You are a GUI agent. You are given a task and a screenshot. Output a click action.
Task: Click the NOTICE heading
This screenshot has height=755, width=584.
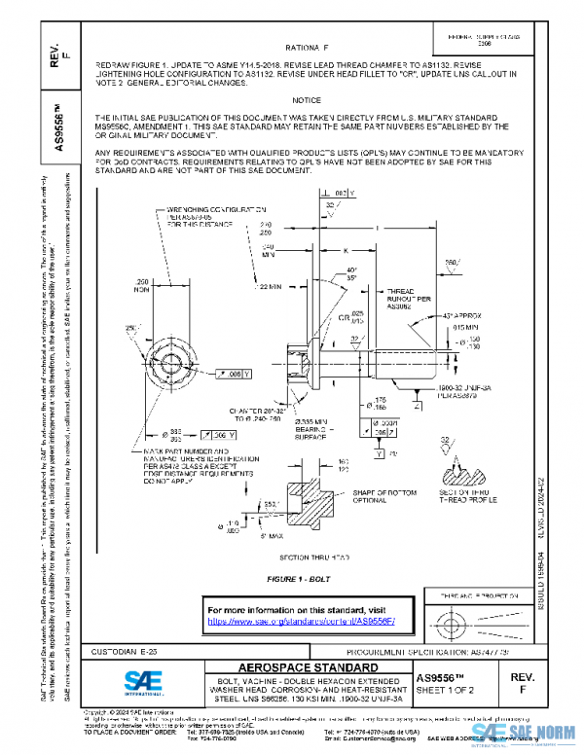click(307, 100)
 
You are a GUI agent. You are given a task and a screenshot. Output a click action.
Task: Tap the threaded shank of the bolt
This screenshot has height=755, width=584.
click(409, 361)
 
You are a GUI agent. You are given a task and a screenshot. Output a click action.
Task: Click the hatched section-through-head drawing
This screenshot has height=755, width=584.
click(284, 511)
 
